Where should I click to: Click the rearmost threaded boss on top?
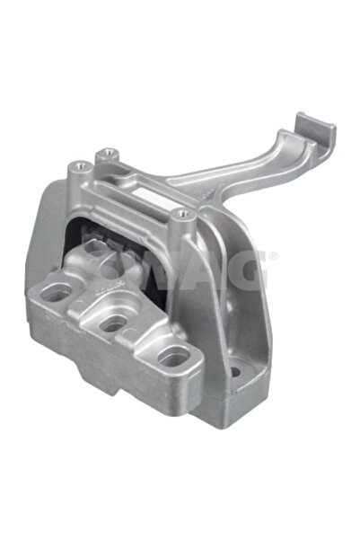click(109, 153)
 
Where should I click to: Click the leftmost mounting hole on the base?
click(58, 293)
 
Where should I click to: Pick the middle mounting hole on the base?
click(114, 323)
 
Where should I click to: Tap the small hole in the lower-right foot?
click(235, 370)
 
